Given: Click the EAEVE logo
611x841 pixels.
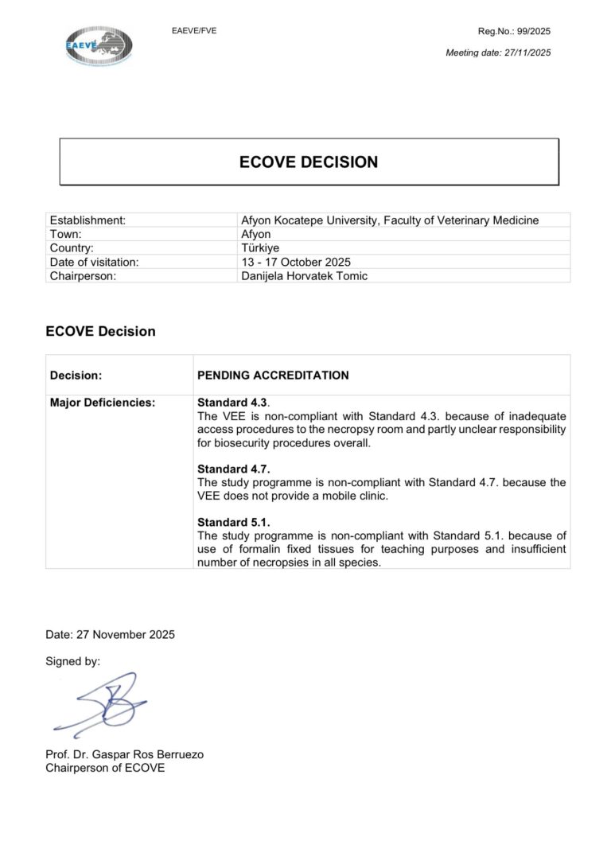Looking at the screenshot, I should (99, 45).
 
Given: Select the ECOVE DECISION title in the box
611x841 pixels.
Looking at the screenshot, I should (309, 162).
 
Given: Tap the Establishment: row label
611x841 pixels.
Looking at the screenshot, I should (88, 220).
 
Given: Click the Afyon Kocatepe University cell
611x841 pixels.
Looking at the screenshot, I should (389, 220).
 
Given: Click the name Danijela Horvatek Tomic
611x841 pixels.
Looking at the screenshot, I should (304, 275).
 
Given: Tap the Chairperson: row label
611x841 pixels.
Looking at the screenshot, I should (84, 275).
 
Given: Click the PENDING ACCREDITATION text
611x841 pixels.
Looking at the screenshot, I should (273, 375).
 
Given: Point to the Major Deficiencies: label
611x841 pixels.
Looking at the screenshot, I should (102, 403).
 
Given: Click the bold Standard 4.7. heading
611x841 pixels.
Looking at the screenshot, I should (234, 469).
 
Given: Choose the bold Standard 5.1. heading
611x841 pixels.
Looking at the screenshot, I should (234, 522).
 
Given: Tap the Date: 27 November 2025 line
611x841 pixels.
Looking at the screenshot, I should (111, 634).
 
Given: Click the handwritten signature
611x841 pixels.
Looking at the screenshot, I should (103, 705).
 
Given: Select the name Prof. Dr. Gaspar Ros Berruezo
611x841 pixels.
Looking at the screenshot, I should (124, 754).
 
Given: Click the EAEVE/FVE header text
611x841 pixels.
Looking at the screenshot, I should (194, 31).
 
